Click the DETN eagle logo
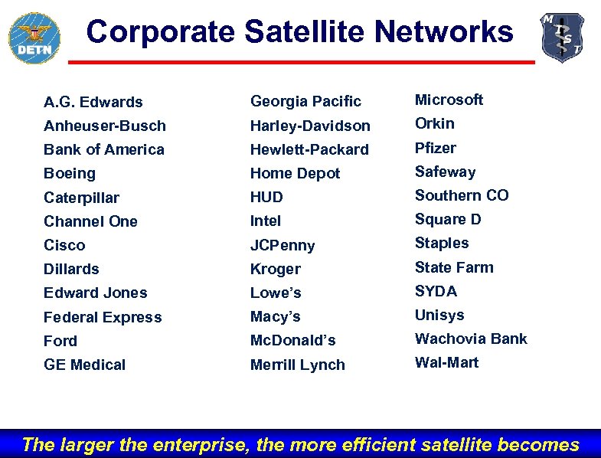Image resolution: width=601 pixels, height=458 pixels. pyautogui.click(x=34, y=37)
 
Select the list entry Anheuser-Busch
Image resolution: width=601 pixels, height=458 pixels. pyautogui.click(x=105, y=126)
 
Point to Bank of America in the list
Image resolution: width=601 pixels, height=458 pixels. pyautogui.click(x=104, y=149)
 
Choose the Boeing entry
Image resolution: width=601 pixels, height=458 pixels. pyautogui.click(x=70, y=173)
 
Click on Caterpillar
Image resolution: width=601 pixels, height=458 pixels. pyautogui.click(x=81, y=198)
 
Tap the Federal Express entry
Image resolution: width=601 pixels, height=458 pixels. pyautogui.click(x=103, y=317)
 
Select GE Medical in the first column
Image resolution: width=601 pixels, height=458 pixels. pyautogui.click(x=84, y=365)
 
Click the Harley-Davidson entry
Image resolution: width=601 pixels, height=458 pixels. pyautogui.click(x=310, y=126)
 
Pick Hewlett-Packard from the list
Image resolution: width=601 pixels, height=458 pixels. pyautogui.click(x=309, y=149)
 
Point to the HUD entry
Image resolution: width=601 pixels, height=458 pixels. pyautogui.click(x=266, y=198)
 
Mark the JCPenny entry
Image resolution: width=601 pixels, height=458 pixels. pyautogui.click(x=283, y=245)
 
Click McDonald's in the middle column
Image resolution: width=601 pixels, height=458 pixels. pyautogui.click(x=292, y=340)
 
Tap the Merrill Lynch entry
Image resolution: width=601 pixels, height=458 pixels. pyautogui.click(x=297, y=365)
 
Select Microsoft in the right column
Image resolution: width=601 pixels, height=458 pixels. pyautogui.click(x=449, y=100)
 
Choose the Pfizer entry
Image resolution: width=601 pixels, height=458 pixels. pyautogui.click(x=435, y=148)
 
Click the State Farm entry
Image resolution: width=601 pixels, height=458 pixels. pyautogui.click(x=454, y=267)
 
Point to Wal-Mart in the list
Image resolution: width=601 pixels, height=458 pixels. pyautogui.click(x=446, y=362)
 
